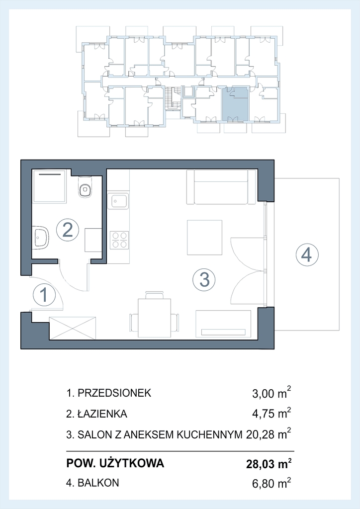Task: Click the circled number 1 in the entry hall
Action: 44,295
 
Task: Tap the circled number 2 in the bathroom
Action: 68,230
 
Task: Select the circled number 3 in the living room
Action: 204,279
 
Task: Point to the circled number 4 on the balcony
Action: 307,255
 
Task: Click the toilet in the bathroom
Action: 85,187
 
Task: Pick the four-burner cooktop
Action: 119,240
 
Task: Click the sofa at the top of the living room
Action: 221,187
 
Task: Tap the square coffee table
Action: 204,237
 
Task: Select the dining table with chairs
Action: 155,315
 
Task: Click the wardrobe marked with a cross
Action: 73,328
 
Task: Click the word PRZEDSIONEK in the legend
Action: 114,393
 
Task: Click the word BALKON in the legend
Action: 98,483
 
